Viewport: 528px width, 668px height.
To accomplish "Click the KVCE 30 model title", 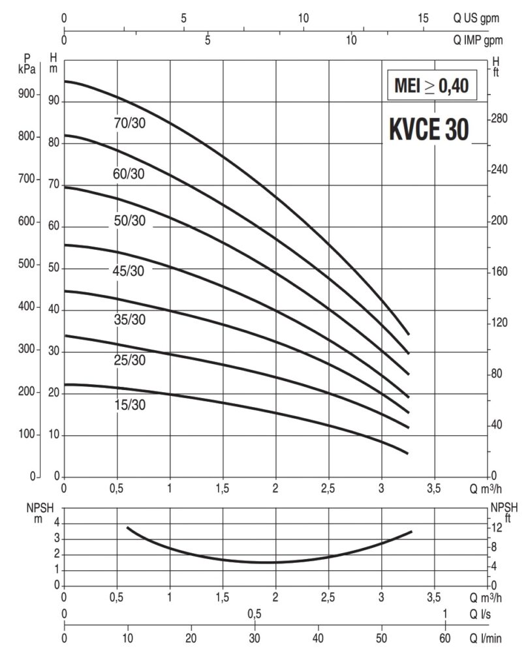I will [x=429, y=129].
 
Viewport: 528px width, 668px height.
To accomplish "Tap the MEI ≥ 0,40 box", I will [x=431, y=86].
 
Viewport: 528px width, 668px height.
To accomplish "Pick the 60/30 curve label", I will [x=129, y=174].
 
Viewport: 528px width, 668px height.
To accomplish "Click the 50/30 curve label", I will [x=129, y=221].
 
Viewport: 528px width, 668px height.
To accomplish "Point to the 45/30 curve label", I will [x=129, y=270].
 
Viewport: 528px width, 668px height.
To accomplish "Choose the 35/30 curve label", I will [x=129, y=320].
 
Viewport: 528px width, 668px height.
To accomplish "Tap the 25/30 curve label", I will [x=129, y=360].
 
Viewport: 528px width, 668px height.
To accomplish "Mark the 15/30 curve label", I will [x=129, y=405].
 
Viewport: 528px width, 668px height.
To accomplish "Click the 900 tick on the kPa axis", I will [x=25, y=95].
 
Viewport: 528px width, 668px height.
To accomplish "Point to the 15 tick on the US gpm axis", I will [x=423, y=18].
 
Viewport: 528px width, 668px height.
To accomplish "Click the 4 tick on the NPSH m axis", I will [x=57, y=523].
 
